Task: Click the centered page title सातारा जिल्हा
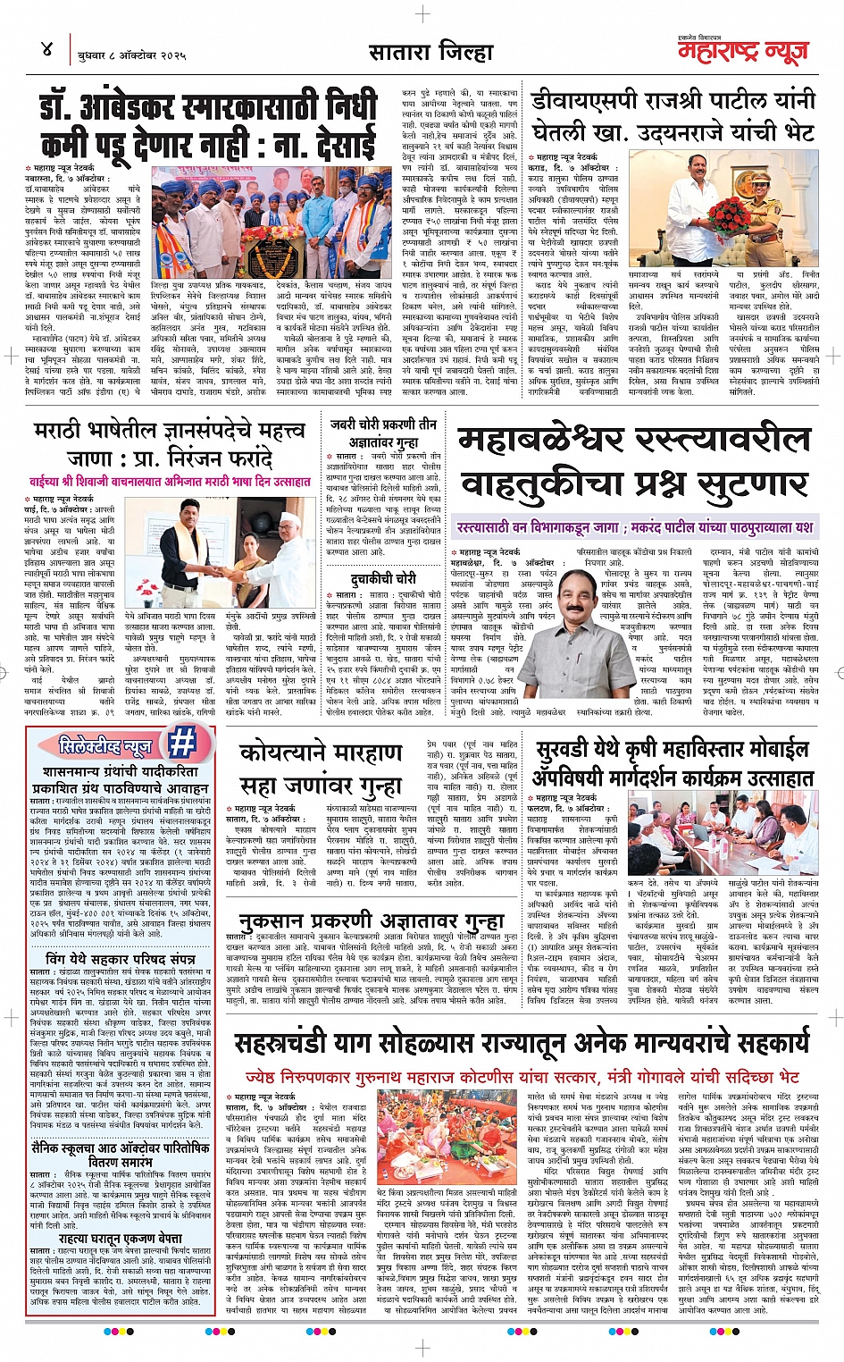(x=431, y=53)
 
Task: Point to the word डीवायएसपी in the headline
(x=581, y=100)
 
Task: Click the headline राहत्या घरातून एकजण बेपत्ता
(x=120, y=1238)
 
